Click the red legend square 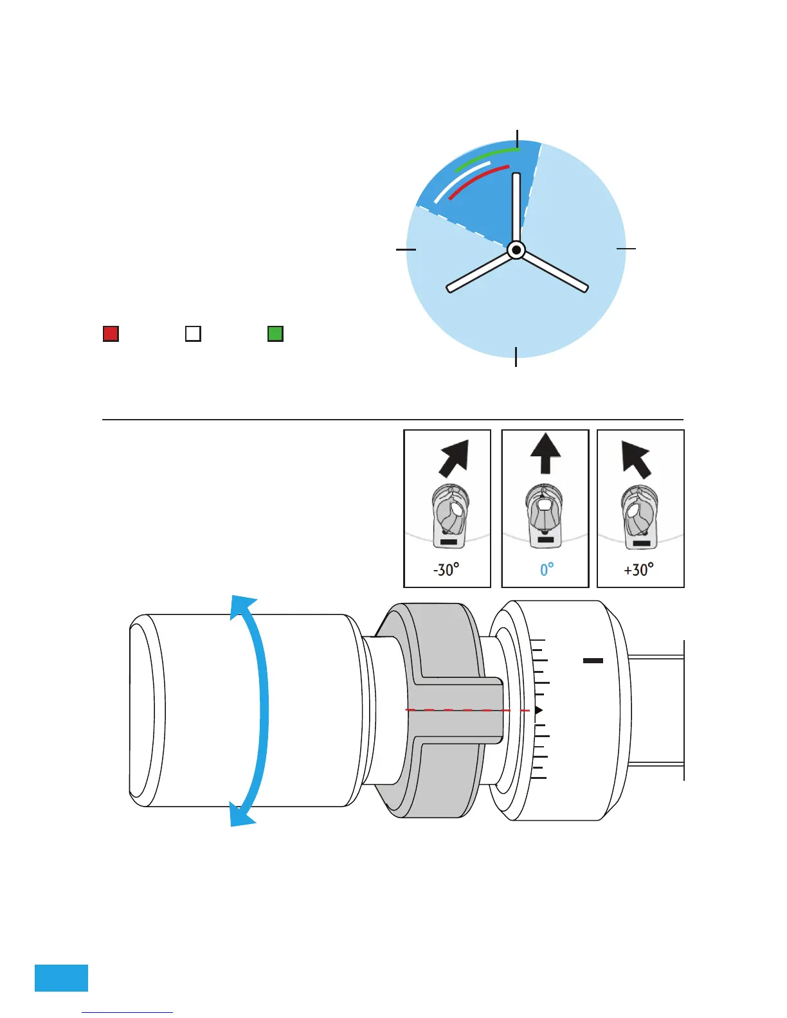click(111, 334)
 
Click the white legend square click(193, 334)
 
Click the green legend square click(275, 334)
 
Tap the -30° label click(446, 569)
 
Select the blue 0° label click(547, 569)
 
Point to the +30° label click(638, 569)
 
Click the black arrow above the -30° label click(455, 458)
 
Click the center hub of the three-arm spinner click(516, 250)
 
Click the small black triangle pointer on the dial click(539, 710)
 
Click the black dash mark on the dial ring click(593, 660)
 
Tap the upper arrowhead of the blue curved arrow click(244, 608)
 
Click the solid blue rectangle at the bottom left click(61, 978)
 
